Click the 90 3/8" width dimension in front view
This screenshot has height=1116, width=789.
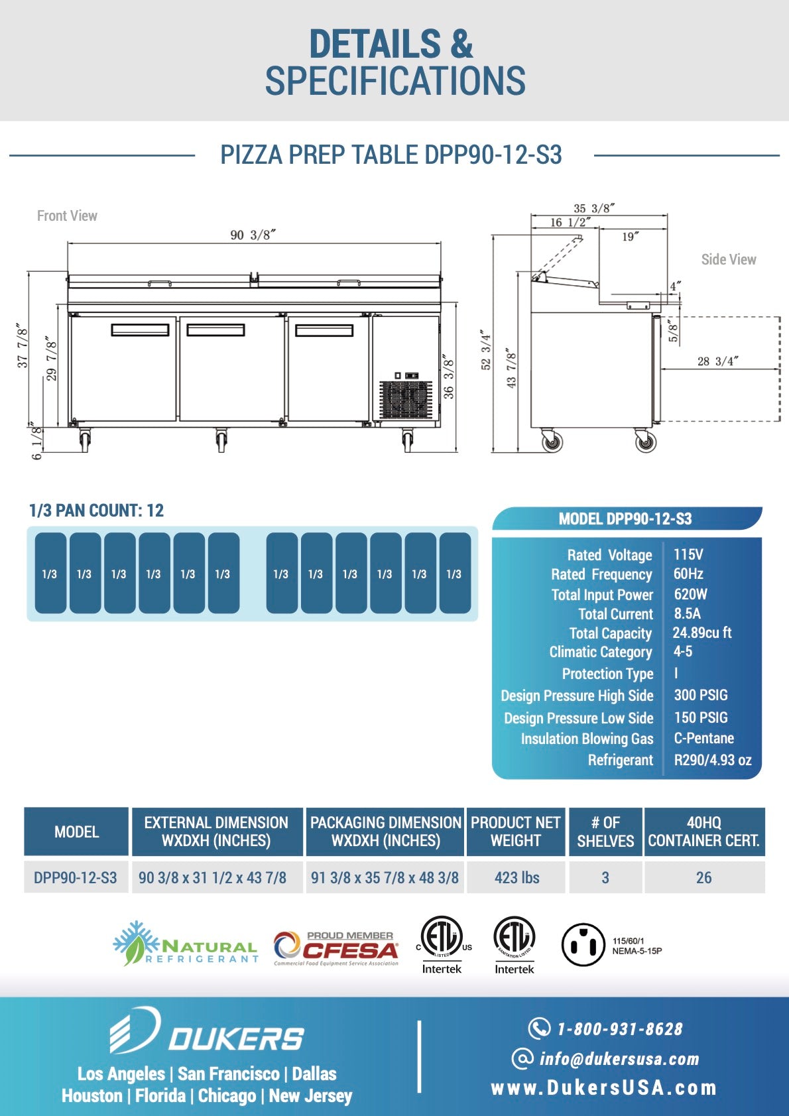click(253, 235)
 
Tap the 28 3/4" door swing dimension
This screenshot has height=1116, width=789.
click(717, 361)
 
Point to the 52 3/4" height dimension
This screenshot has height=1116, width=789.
click(485, 351)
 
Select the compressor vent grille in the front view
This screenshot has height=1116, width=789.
click(405, 399)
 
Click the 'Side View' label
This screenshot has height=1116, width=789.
click(728, 259)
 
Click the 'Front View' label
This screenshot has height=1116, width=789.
click(67, 216)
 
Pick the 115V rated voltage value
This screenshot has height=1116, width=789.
click(688, 554)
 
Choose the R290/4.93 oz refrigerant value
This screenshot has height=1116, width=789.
click(713, 760)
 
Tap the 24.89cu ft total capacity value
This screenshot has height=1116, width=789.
click(702, 633)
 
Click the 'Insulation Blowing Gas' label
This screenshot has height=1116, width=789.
click(587, 739)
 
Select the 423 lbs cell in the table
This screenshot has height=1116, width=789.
click(516, 877)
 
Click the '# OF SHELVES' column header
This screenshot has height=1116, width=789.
click(605, 832)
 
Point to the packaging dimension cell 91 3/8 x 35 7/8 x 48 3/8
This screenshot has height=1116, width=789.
click(385, 877)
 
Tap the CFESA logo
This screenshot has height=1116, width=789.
click(336, 948)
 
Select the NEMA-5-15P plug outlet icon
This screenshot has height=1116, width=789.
click(583, 944)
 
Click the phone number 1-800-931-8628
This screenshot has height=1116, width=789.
click(619, 1028)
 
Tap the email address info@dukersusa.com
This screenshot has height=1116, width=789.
click(619, 1058)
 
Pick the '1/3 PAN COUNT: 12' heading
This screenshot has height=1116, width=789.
click(96, 510)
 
